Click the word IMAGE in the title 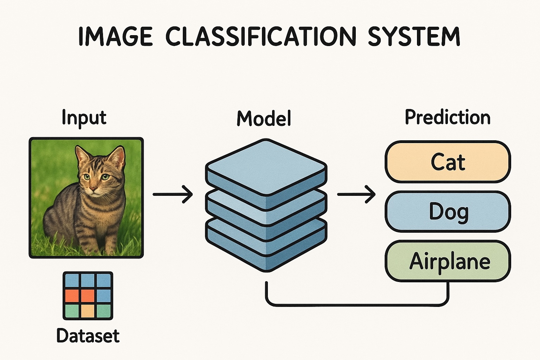[115, 36]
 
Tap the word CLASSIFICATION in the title [261, 36]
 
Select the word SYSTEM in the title [414, 36]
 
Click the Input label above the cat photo [84, 118]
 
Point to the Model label [264, 118]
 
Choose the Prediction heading [448, 117]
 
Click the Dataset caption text [88, 336]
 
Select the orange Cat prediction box [448, 162]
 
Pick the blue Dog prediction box [448, 212]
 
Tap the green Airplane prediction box [448, 261]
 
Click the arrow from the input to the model [172, 194]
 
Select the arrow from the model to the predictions [356, 194]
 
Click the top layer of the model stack [266, 167]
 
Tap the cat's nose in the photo [93, 189]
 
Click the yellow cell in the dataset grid [88, 311]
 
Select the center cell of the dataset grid [88, 296]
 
